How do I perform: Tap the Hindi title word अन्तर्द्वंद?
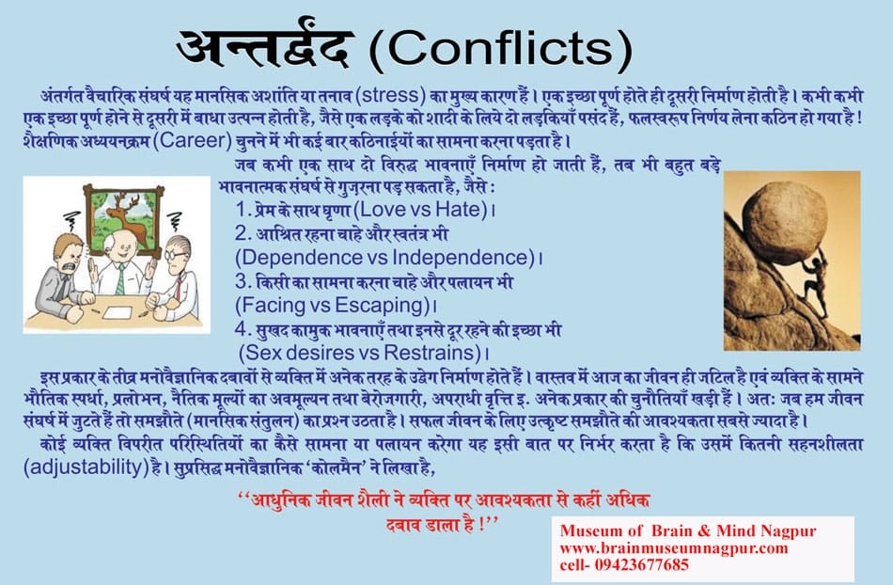pos(264,48)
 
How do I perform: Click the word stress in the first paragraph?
pos(394,95)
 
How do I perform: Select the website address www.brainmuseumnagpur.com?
pos(674,548)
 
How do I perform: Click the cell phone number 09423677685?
pos(641,565)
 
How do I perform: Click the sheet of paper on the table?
pos(117,313)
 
